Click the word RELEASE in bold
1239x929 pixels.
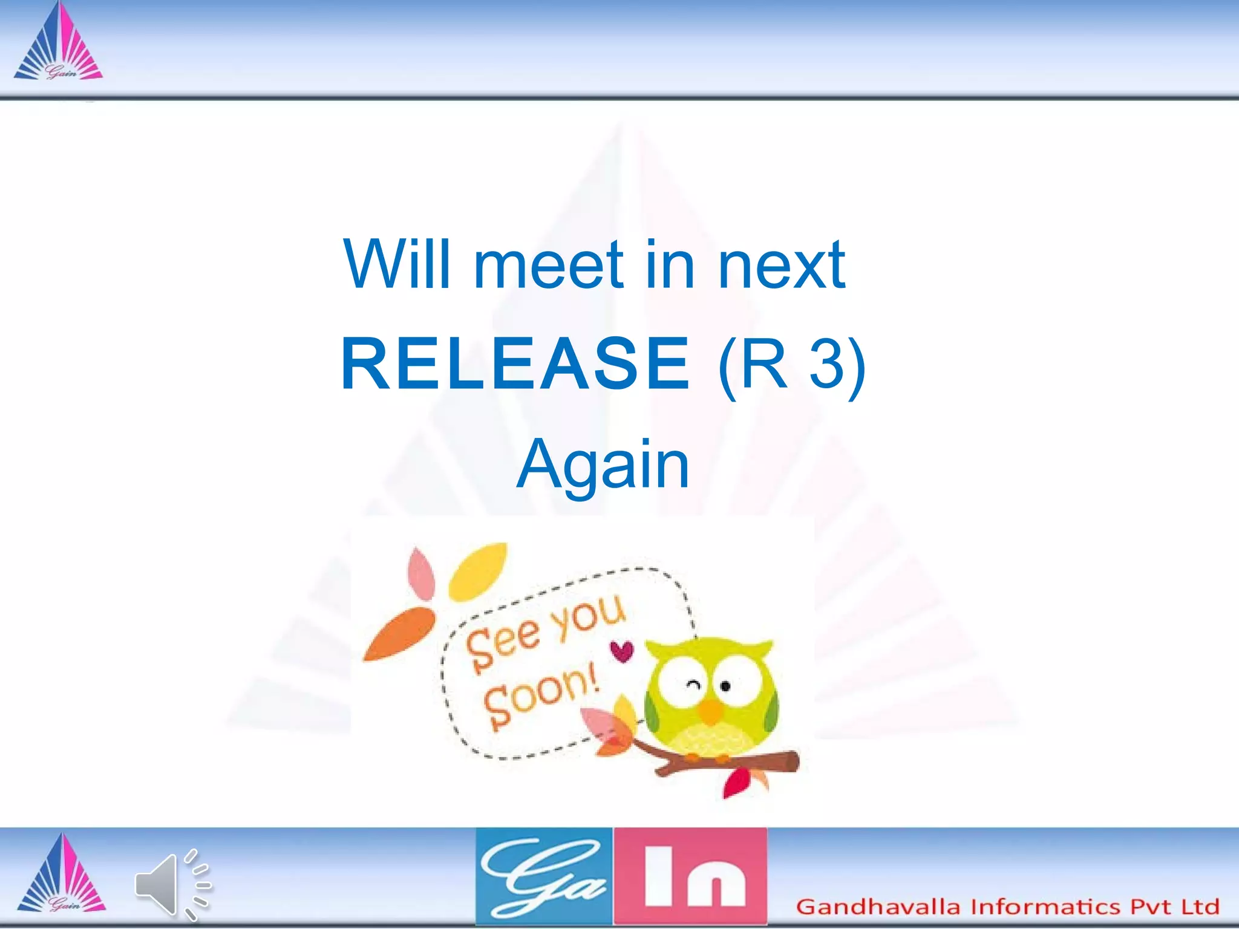click(x=515, y=364)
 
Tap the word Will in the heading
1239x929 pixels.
click(x=397, y=265)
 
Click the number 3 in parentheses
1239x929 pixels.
click(x=826, y=364)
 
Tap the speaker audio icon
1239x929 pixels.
click(x=172, y=884)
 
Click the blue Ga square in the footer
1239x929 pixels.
click(x=544, y=876)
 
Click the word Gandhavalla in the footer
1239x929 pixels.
click(x=878, y=907)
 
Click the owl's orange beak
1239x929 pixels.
click(x=711, y=712)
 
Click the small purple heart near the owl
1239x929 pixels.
click(x=621, y=651)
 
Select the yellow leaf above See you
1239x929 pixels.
click(x=478, y=570)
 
